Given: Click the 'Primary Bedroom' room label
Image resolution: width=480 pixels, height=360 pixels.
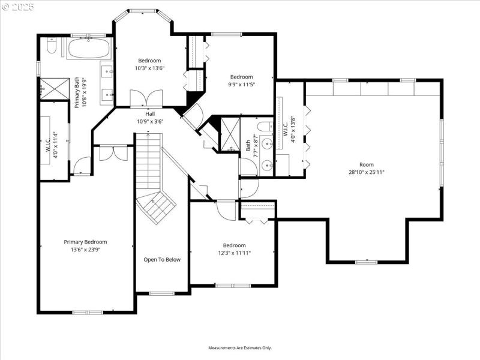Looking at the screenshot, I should click(89, 242).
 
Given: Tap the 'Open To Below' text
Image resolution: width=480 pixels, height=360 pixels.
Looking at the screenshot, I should click(162, 260).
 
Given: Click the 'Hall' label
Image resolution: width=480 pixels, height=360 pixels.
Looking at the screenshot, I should click(150, 113).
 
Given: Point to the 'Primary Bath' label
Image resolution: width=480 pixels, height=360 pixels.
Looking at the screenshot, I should click(77, 92).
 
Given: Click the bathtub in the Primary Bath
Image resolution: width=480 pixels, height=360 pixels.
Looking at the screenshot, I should click(89, 48).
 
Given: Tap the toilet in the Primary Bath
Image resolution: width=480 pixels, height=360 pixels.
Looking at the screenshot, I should click(51, 46).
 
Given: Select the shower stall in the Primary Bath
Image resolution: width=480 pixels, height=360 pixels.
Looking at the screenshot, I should click(53, 88).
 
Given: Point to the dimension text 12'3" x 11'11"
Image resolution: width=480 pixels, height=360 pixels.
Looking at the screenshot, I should click(234, 253).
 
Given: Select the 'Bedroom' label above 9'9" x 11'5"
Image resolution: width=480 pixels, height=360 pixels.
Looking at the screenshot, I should click(242, 77).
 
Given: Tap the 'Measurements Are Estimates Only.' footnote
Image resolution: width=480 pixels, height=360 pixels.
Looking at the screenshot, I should click(240, 347).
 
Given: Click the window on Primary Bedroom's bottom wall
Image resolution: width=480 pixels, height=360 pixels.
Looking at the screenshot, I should click(83, 312).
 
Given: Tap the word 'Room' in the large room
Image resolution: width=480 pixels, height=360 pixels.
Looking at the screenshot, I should click(367, 164).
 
